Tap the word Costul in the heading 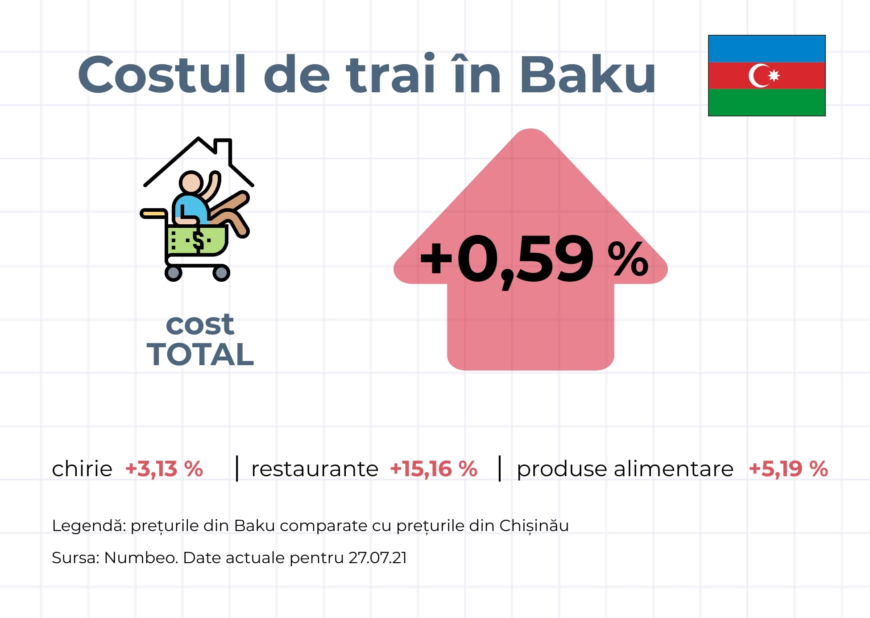[x=162, y=74]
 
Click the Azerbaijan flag [x=766, y=75]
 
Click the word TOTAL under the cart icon [x=200, y=354]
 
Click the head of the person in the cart [x=191, y=182]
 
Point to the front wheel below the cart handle [x=174, y=273]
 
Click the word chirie [x=82, y=469]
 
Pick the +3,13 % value [x=164, y=469]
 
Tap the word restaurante [x=315, y=469]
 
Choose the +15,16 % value [x=434, y=469]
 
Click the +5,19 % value [x=788, y=469]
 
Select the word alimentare [x=673, y=469]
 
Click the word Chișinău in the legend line [x=534, y=526]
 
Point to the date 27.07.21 [x=377, y=558]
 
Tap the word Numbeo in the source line [x=141, y=558]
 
